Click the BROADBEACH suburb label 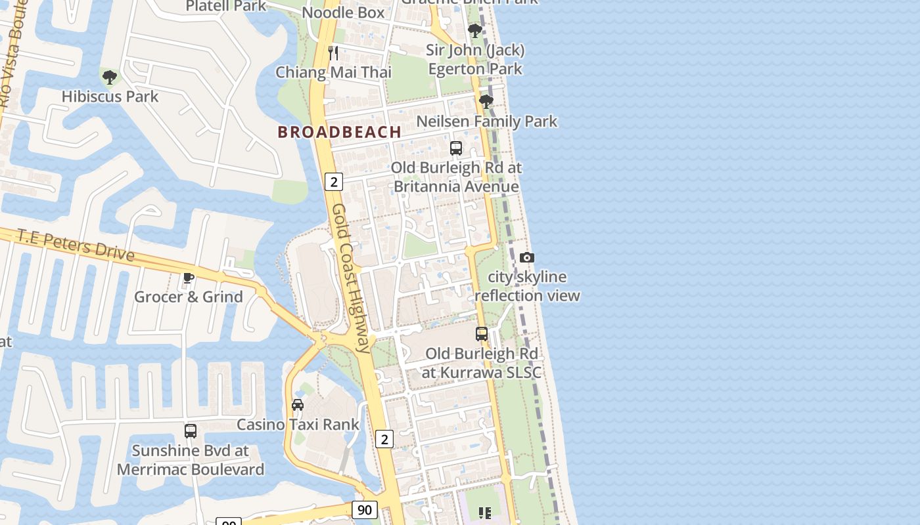pos(339,132)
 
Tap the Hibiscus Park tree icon pos(110,77)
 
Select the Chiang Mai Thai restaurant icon pos(333,52)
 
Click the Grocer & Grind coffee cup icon pos(189,278)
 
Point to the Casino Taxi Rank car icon pos(298,404)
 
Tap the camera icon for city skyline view pos(527,258)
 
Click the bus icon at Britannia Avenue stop pos(456,148)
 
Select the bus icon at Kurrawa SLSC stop pos(482,334)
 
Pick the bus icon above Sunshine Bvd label pos(191,431)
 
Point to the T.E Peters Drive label pos(76,245)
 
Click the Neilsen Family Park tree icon pos(486,102)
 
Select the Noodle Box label pos(343,12)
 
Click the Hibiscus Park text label pos(110,96)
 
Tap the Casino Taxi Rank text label pos(298,425)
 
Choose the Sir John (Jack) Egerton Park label pos(475,60)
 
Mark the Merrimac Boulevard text pos(191,469)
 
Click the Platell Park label pos(226,6)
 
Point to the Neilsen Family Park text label pos(486,121)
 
